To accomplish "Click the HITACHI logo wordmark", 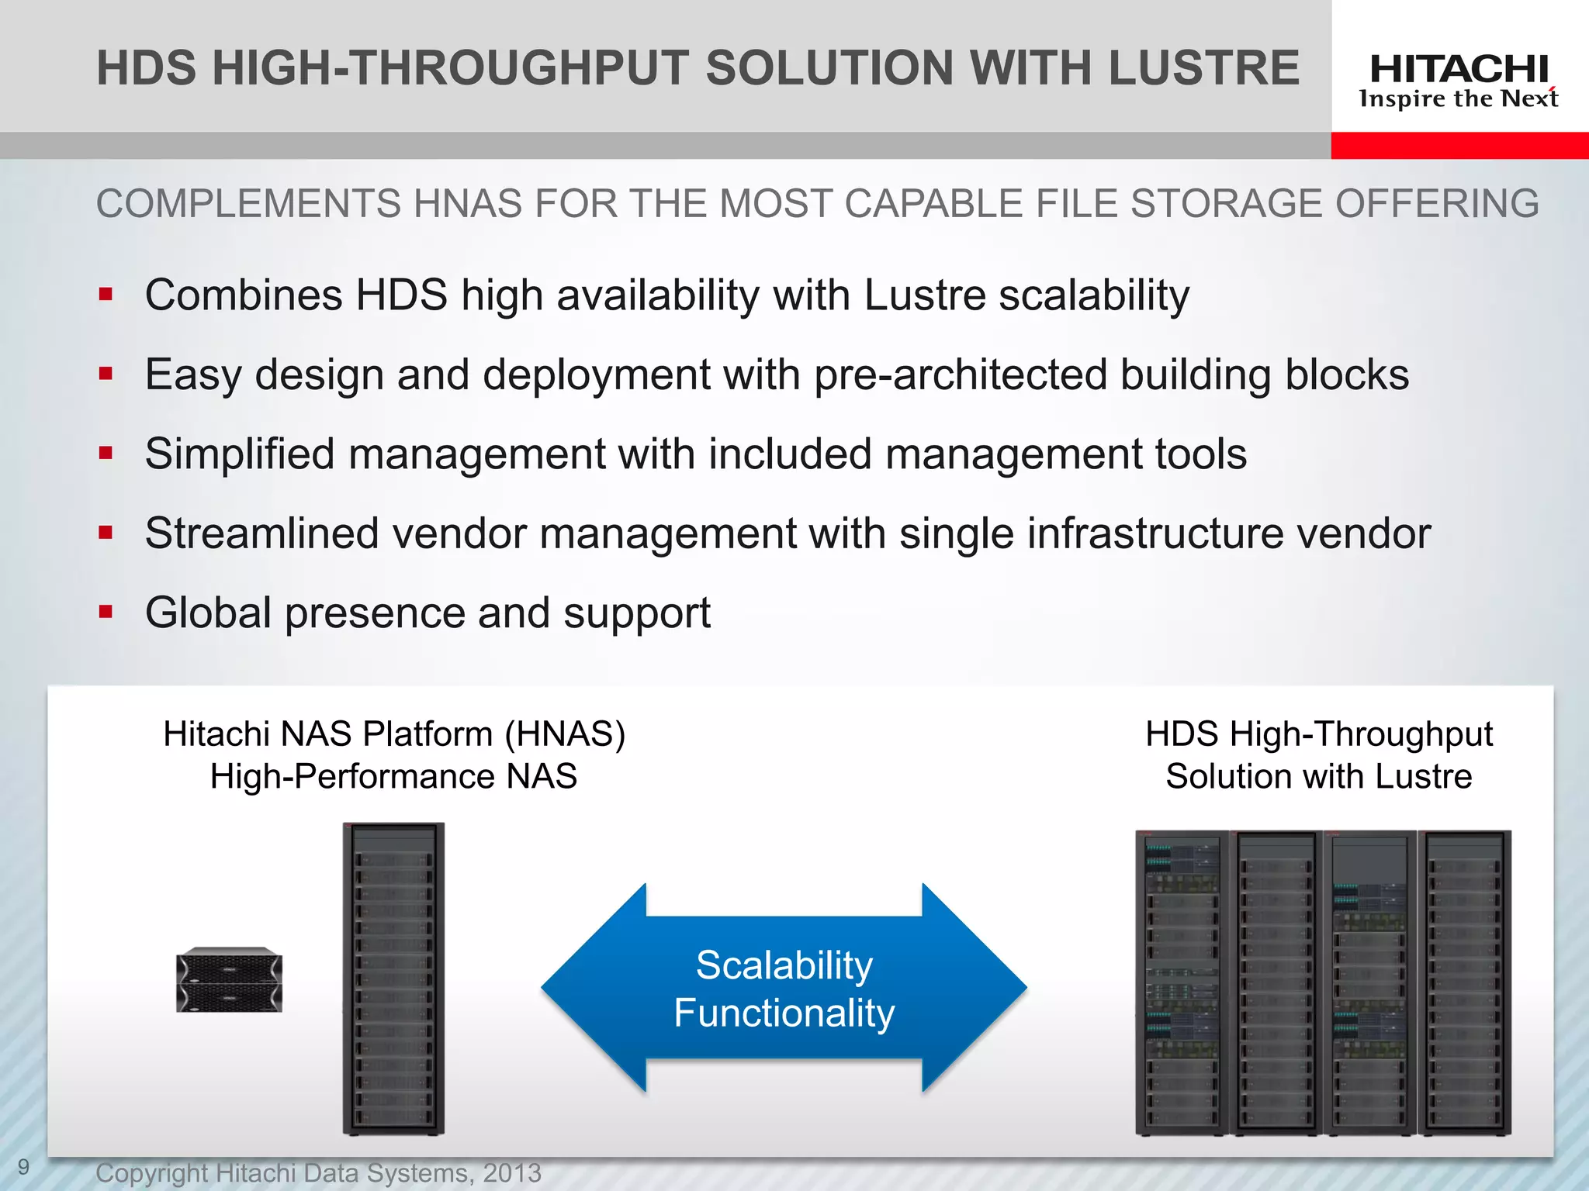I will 1459,70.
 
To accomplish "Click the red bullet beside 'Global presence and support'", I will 106,612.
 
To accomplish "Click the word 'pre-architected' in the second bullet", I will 960,375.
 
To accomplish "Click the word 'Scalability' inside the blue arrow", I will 784,965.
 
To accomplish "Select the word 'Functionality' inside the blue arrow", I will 784,1013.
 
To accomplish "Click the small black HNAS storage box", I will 229,979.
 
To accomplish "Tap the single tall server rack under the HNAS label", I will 393,979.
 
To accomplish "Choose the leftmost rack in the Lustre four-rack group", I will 1182,982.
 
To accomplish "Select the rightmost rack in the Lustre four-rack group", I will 1465,982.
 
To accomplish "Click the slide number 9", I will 24,1167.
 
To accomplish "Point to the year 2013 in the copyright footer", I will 511,1173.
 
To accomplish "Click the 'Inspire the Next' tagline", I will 1459,99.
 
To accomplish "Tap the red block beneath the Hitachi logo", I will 1459,145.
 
